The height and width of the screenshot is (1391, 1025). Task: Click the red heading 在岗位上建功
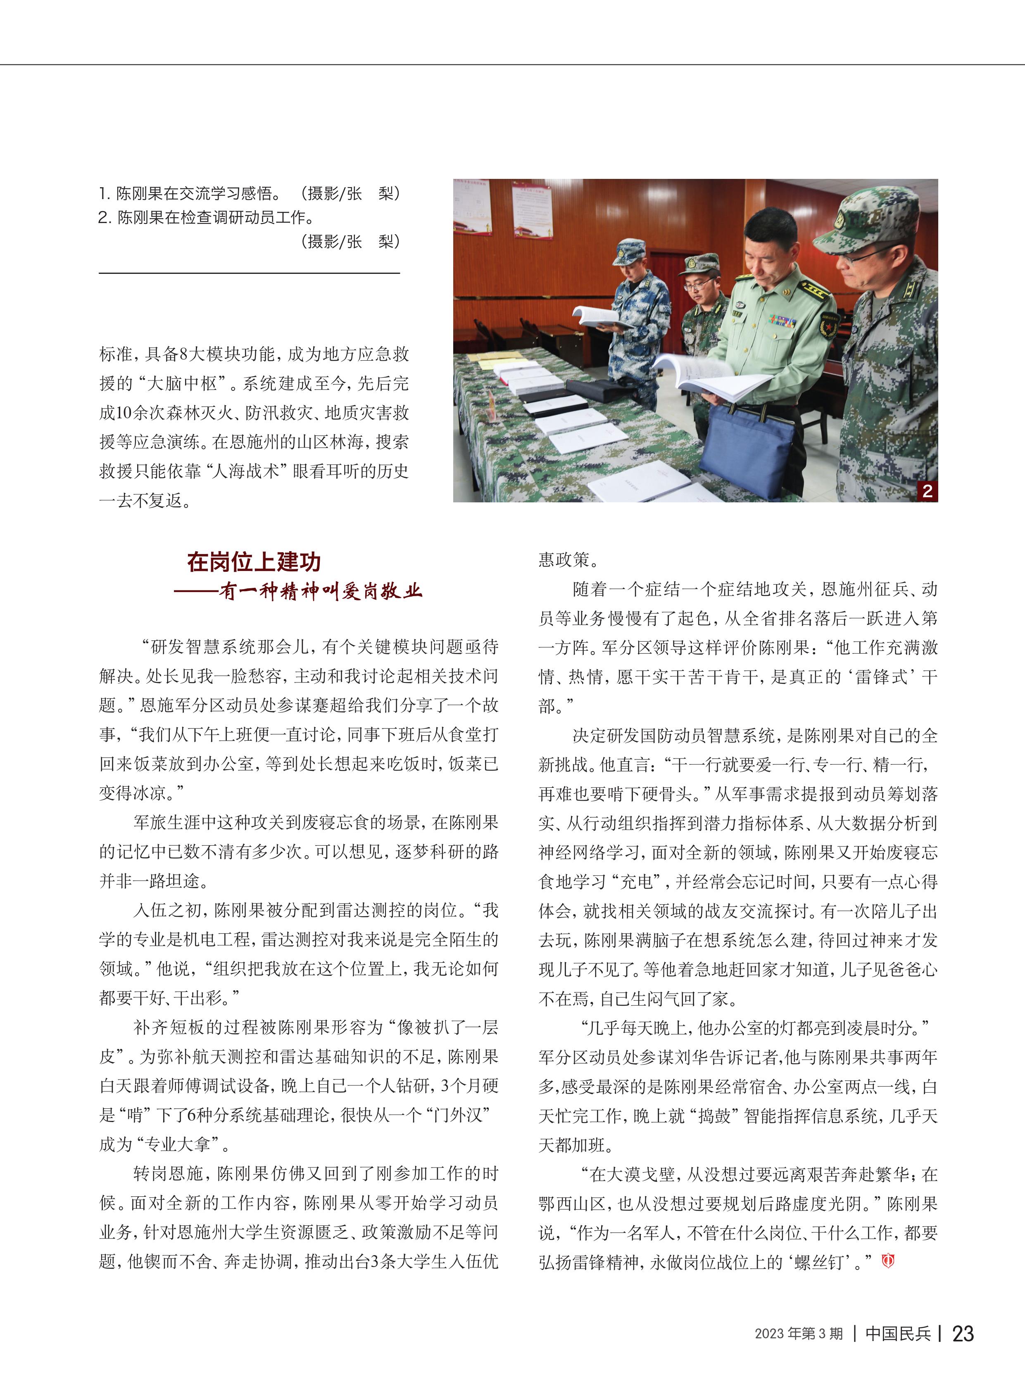[x=254, y=561]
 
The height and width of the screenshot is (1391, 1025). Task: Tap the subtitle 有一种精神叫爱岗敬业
[x=320, y=591]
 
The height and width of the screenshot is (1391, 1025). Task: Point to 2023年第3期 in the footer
[x=799, y=1333]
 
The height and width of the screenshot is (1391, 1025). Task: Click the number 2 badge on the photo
[x=927, y=491]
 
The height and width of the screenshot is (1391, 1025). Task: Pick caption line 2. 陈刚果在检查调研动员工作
[x=206, y=217]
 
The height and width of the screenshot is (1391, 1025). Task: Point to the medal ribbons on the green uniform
[x=782, y=321]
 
